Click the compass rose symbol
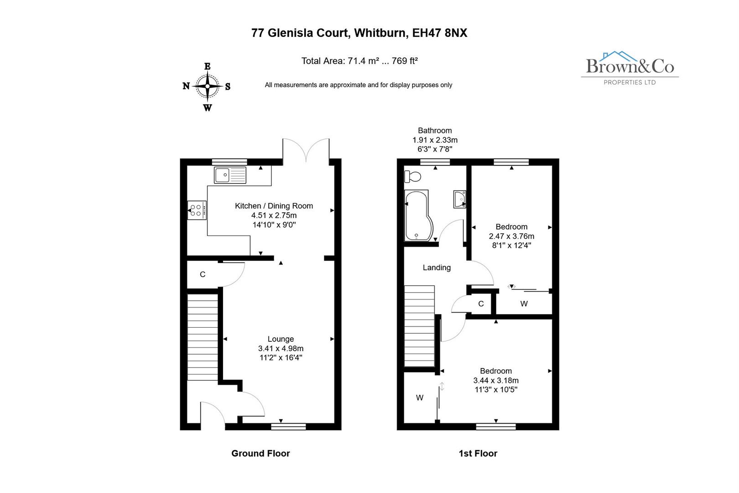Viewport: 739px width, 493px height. tap(208, 86)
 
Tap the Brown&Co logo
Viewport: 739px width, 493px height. tap(630, 68)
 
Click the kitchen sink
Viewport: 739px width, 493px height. tap(230, 175)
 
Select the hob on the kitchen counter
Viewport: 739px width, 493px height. tap(197, 210)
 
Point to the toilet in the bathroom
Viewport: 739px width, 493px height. tap(413, 176)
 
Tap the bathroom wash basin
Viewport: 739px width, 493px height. tap(460, 199)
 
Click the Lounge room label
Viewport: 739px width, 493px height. tap(281, 339)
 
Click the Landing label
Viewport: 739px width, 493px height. tap(437, 267)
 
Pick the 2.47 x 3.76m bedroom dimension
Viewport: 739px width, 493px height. tap(511, 236)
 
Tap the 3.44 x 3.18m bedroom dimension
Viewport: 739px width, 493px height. tap(496, 380)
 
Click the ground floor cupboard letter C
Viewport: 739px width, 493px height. tap(203, 274)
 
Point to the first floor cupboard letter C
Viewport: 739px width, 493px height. tap(481, 304)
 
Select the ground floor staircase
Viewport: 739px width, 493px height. tap(203, 337)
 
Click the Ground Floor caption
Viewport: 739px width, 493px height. tap(260, 453)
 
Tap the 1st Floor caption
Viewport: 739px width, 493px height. tap(478, 453)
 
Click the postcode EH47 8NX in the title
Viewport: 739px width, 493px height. tap(439, 33)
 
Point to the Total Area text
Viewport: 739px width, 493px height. tap(359, 61)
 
